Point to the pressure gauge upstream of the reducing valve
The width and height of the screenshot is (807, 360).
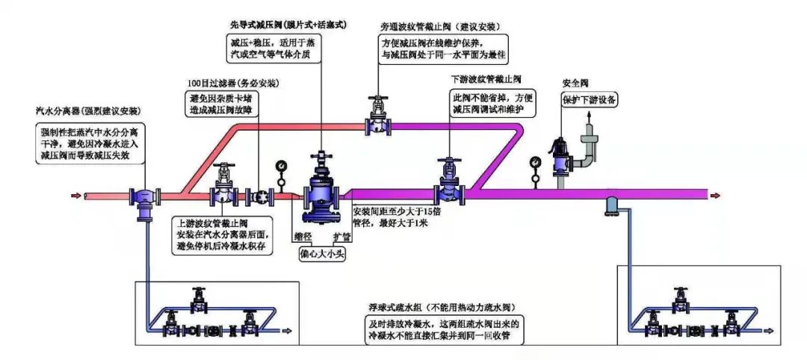(x=281, y=165)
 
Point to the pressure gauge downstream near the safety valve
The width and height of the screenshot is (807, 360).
(x=535, y=161)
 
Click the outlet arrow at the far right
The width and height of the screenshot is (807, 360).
(x=717, y=196)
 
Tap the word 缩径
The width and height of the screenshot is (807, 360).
(x=303, y=238)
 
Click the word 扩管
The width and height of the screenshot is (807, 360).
(x=340, y=238)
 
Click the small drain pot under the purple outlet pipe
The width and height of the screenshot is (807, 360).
(x=610, y=202)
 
